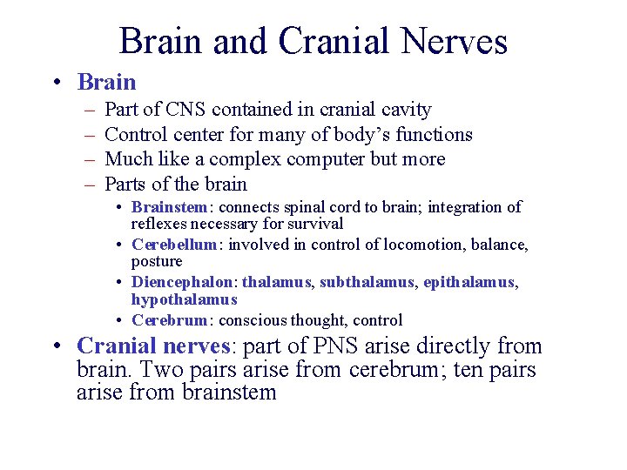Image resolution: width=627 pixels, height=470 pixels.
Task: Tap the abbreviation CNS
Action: [186, 110]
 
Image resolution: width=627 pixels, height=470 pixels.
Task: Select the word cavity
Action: [406, 110]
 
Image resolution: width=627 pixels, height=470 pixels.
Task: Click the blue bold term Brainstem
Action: [169, 207]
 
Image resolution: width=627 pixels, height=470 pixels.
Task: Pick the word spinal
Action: [297, 207]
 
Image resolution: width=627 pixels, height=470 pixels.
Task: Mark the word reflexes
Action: [160, 224]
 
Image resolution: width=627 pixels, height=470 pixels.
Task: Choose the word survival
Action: [315, 224]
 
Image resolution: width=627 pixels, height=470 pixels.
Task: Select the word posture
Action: [157, 261]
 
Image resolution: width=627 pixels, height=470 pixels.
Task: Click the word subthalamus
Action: [371, 282]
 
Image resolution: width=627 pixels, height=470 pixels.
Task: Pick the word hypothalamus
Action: [184, 299]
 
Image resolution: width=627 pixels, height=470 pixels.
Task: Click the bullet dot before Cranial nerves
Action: [56, 346]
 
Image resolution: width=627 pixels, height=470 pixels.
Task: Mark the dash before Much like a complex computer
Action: [90, 159]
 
